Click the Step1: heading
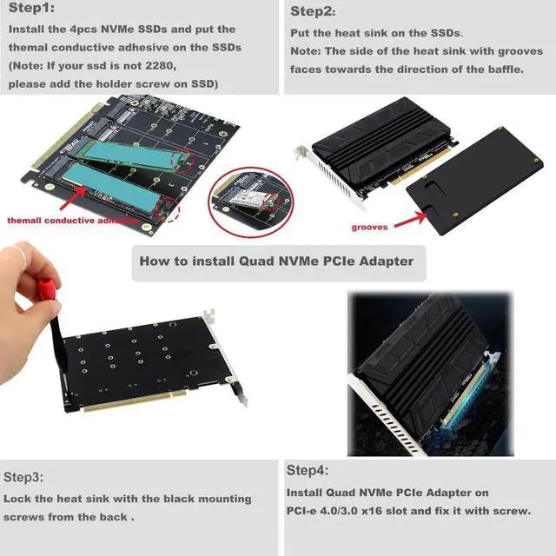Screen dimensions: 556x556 pyautogui.click(x=32, y=9)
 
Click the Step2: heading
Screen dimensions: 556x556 pyautogui.click(x=312, y=11)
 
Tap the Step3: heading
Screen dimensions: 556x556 pyautogui.click(x=25, y=477)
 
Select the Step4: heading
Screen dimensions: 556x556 pyautogui.click(x=308, y=471)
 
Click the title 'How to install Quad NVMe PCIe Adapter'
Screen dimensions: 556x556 pyautogui.click(x=276, y=260)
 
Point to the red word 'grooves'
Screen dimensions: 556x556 pyautogui.click(x=370, y=228)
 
